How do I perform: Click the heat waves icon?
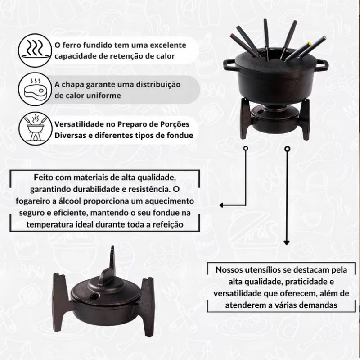click(35, 50)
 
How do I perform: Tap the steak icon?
click(35, 89)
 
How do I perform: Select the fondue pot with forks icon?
click(36, 128)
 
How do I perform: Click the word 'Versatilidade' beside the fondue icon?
click(79, 124)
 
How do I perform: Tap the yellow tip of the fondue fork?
click(310, 43)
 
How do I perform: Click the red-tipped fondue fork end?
click(231, 36)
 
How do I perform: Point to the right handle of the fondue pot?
click(322, 66)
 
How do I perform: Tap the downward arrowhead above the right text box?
click(287, 242)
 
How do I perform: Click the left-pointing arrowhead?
click(221, 205)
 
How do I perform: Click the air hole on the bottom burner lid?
click(94, 296)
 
